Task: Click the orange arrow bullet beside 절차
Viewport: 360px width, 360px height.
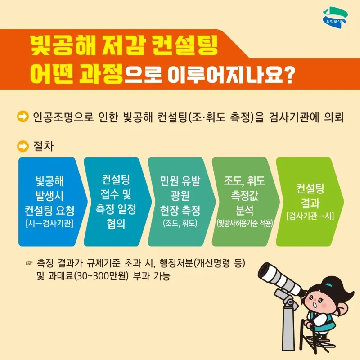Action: [23, 146]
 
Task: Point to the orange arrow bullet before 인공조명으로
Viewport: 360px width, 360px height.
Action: [23, 117]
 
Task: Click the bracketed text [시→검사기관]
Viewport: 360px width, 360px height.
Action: [49, 223]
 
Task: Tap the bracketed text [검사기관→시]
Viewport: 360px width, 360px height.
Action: [310, 216]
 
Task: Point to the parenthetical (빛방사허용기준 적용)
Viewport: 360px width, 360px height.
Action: [245, 223]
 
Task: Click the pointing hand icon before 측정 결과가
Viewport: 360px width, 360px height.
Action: [29, 263]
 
